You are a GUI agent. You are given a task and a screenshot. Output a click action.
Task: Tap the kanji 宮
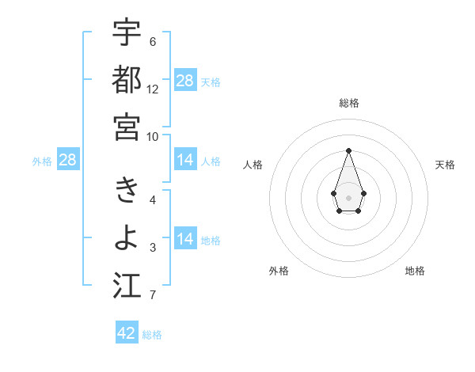pyautogui.click(x=127, y=127)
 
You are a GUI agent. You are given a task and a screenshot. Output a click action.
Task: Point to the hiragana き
pyautogui.click(x=127, y=191)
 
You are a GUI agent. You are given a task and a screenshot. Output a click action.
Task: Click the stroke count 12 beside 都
pyautogui.click(x=153, y=89)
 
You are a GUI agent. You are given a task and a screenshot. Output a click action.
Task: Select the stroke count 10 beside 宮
pyautogui.click(x=153, y=136)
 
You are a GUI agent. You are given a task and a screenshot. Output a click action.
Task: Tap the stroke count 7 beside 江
pyautogui.click(x=153, y=295)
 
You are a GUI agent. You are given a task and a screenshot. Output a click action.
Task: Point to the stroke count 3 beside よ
pyautogui.click(x=153, y=248)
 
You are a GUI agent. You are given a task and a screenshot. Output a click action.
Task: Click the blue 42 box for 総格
pyautogui.click(x=127, y=332)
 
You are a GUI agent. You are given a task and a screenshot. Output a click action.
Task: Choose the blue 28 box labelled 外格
pyautogui.click(x=68, y=160)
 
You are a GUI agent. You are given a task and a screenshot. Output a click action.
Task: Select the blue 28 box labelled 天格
pyautogui.click(x=185, y=80)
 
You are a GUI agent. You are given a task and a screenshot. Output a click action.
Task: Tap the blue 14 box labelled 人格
pyautogui.click(x=185, y=160)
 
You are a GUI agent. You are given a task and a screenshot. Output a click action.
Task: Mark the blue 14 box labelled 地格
pyautogui.click(x=185, y=239)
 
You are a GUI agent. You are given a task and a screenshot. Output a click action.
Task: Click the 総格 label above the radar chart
pyautogui.click(x=348, y=103)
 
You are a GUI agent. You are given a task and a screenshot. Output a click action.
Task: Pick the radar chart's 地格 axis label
pyautogui.click(x=415, y=271)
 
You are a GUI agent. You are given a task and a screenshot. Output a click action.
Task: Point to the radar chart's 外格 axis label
pyautogui.click(x=279, y=271)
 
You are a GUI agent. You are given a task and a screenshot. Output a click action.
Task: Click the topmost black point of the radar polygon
pyautogui.click(x=348, y=150)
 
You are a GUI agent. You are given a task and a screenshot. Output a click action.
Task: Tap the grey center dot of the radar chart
pyautogui.click(x=348, y=196)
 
